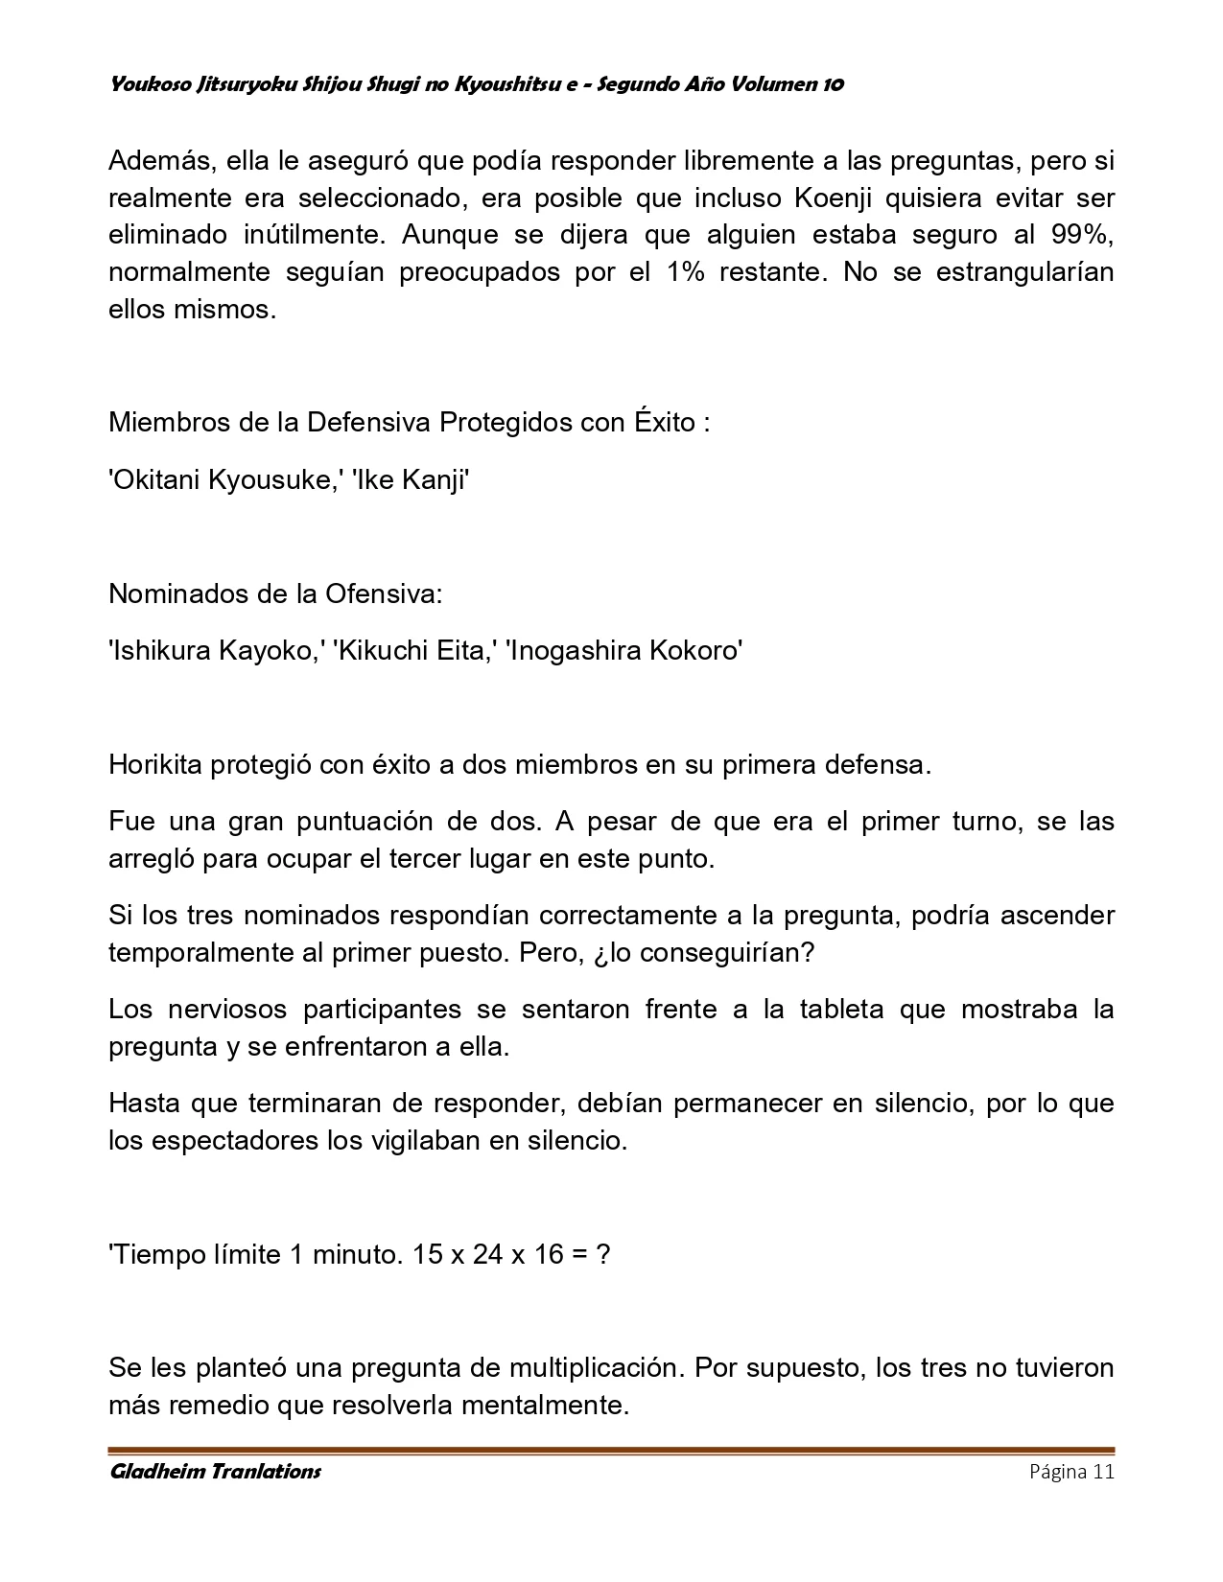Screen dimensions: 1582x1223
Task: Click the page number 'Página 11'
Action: (1071, 1472)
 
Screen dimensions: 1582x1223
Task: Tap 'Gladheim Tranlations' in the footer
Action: (215, 1472)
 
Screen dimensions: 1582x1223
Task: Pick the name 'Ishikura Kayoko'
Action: (215, 651)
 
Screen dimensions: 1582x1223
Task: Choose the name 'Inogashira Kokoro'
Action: (624, 651)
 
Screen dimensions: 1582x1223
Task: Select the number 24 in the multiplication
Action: (487, 1254)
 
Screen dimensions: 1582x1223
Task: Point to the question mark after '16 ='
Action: (602, 1254)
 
